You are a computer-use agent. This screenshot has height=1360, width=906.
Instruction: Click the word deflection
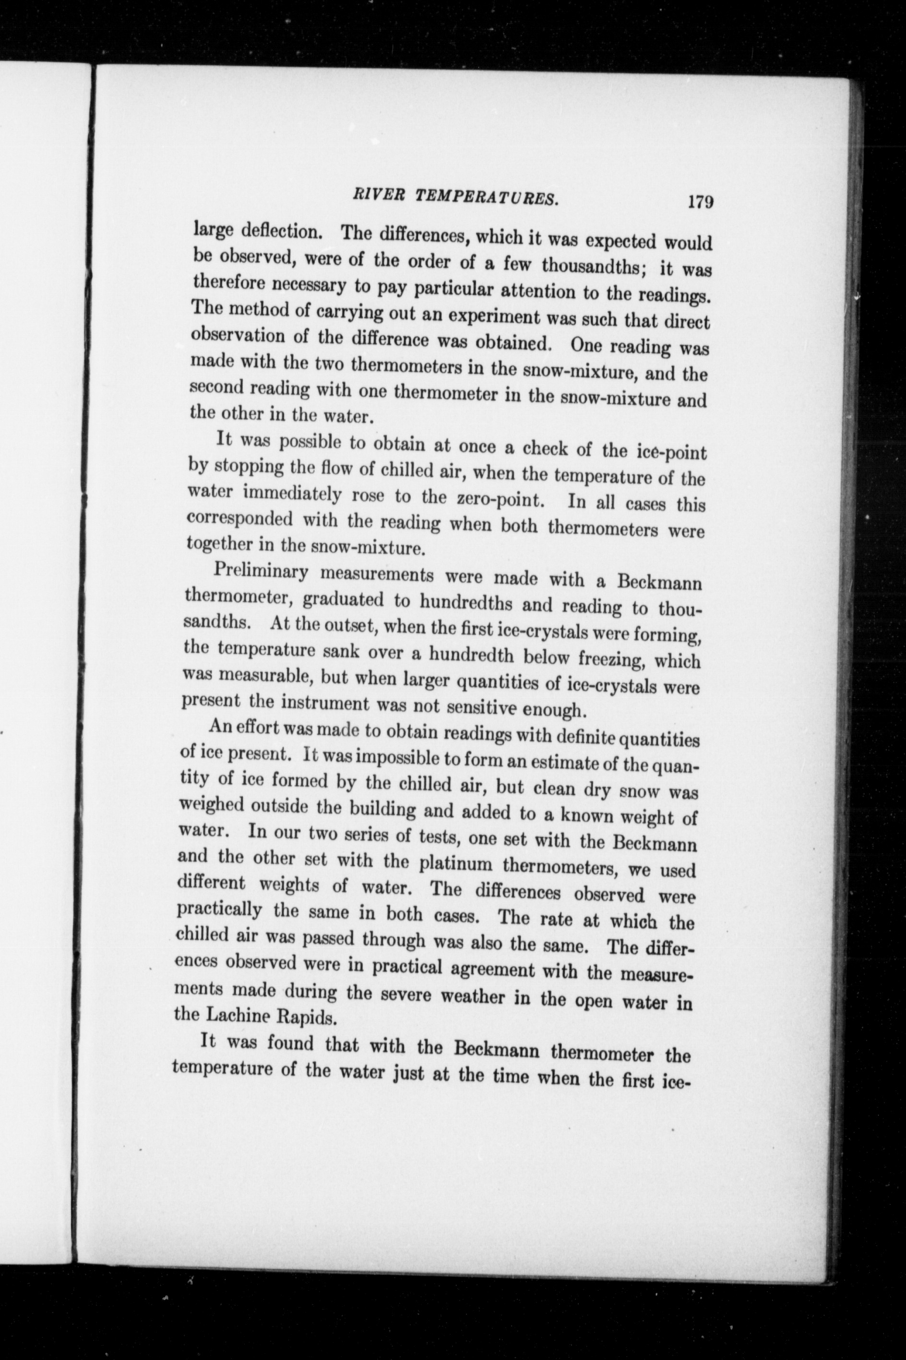tap(282, 232)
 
